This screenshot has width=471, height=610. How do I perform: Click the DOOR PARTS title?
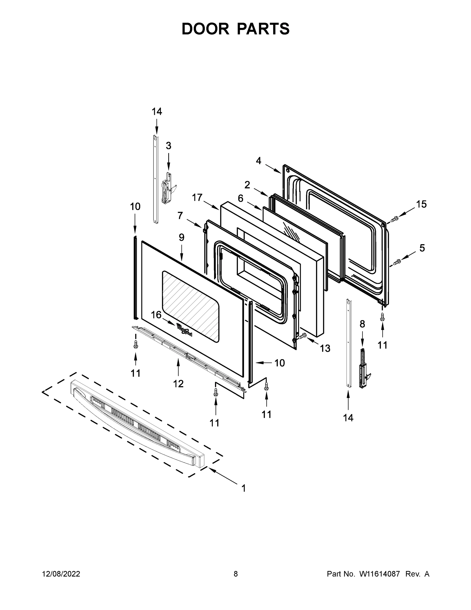(x=236, y=29)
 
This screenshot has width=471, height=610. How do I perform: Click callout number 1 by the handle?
(x=243, y=488)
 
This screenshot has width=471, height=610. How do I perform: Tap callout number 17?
(x=197, y=197)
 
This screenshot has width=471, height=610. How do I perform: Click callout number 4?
(x=259, y=161)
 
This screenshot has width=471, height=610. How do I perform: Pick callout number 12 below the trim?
(x=178, y=384)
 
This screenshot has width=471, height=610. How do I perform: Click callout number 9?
(x=181, y=237)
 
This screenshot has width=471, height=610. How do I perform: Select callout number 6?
(x=240, y=199)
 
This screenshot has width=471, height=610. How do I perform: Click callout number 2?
(x=247, y=185)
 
